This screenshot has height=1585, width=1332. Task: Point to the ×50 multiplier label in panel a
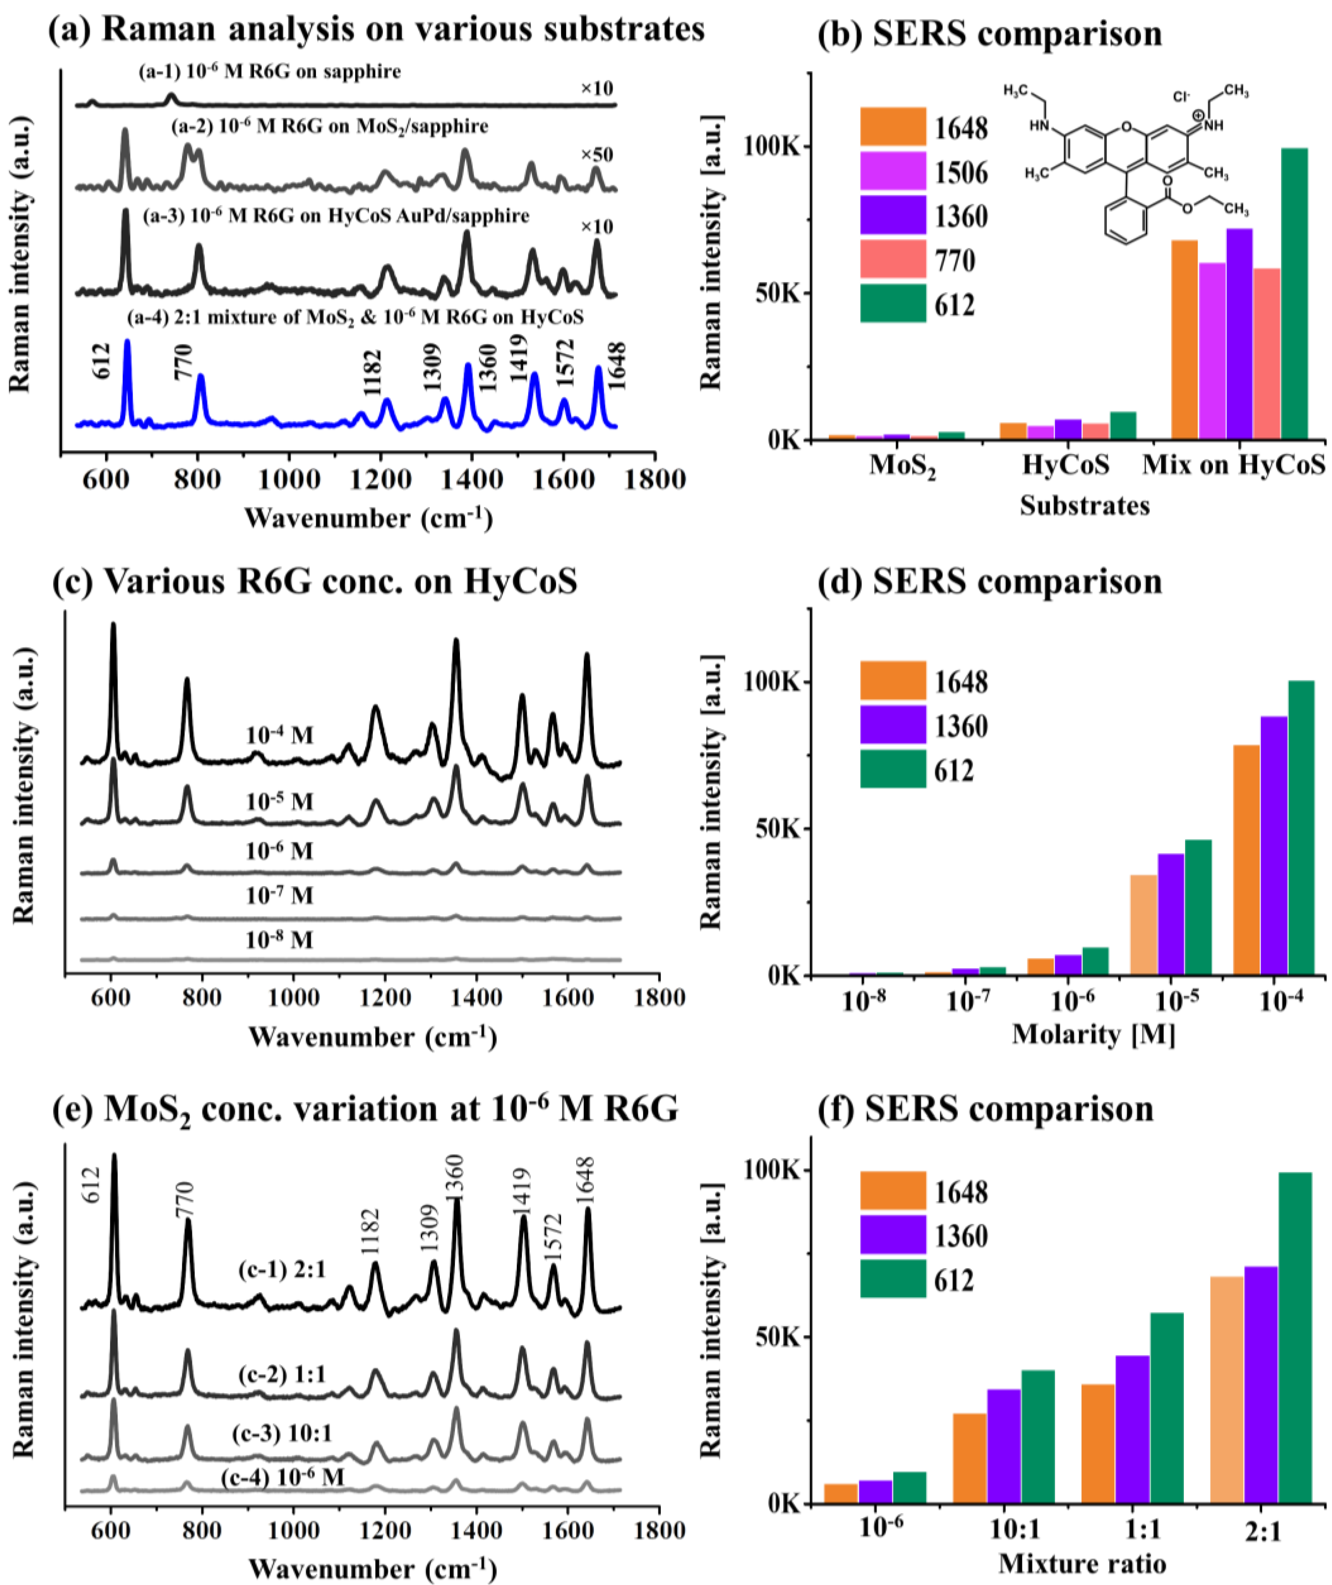[x=596, y=155]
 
